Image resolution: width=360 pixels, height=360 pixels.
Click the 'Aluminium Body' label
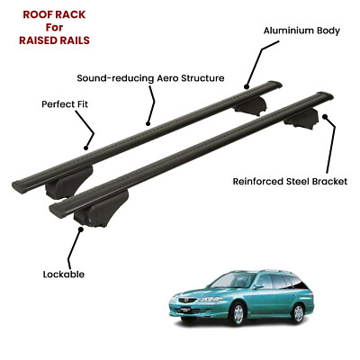301,31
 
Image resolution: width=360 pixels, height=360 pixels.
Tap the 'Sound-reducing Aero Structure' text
150,78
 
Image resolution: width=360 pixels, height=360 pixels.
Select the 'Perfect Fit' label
65,104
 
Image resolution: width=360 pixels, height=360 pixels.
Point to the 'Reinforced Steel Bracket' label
290,182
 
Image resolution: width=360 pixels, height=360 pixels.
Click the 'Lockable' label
64,274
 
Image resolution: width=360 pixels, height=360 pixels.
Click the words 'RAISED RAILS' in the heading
54,40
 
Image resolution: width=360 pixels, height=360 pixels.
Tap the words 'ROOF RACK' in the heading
54,14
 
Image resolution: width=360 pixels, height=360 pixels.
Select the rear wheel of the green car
298,313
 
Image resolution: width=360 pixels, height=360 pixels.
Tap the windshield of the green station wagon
229,281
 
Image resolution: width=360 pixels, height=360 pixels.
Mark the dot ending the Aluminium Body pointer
247,87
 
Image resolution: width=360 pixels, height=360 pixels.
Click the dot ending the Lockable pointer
80,229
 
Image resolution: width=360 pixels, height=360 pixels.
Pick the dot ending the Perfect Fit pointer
86,148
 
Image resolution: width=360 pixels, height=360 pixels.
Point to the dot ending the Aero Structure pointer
148,123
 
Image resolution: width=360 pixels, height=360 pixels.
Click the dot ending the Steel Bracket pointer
325,116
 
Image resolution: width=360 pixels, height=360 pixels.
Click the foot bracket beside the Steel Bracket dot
302,119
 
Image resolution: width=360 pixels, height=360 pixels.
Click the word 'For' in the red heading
54,27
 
